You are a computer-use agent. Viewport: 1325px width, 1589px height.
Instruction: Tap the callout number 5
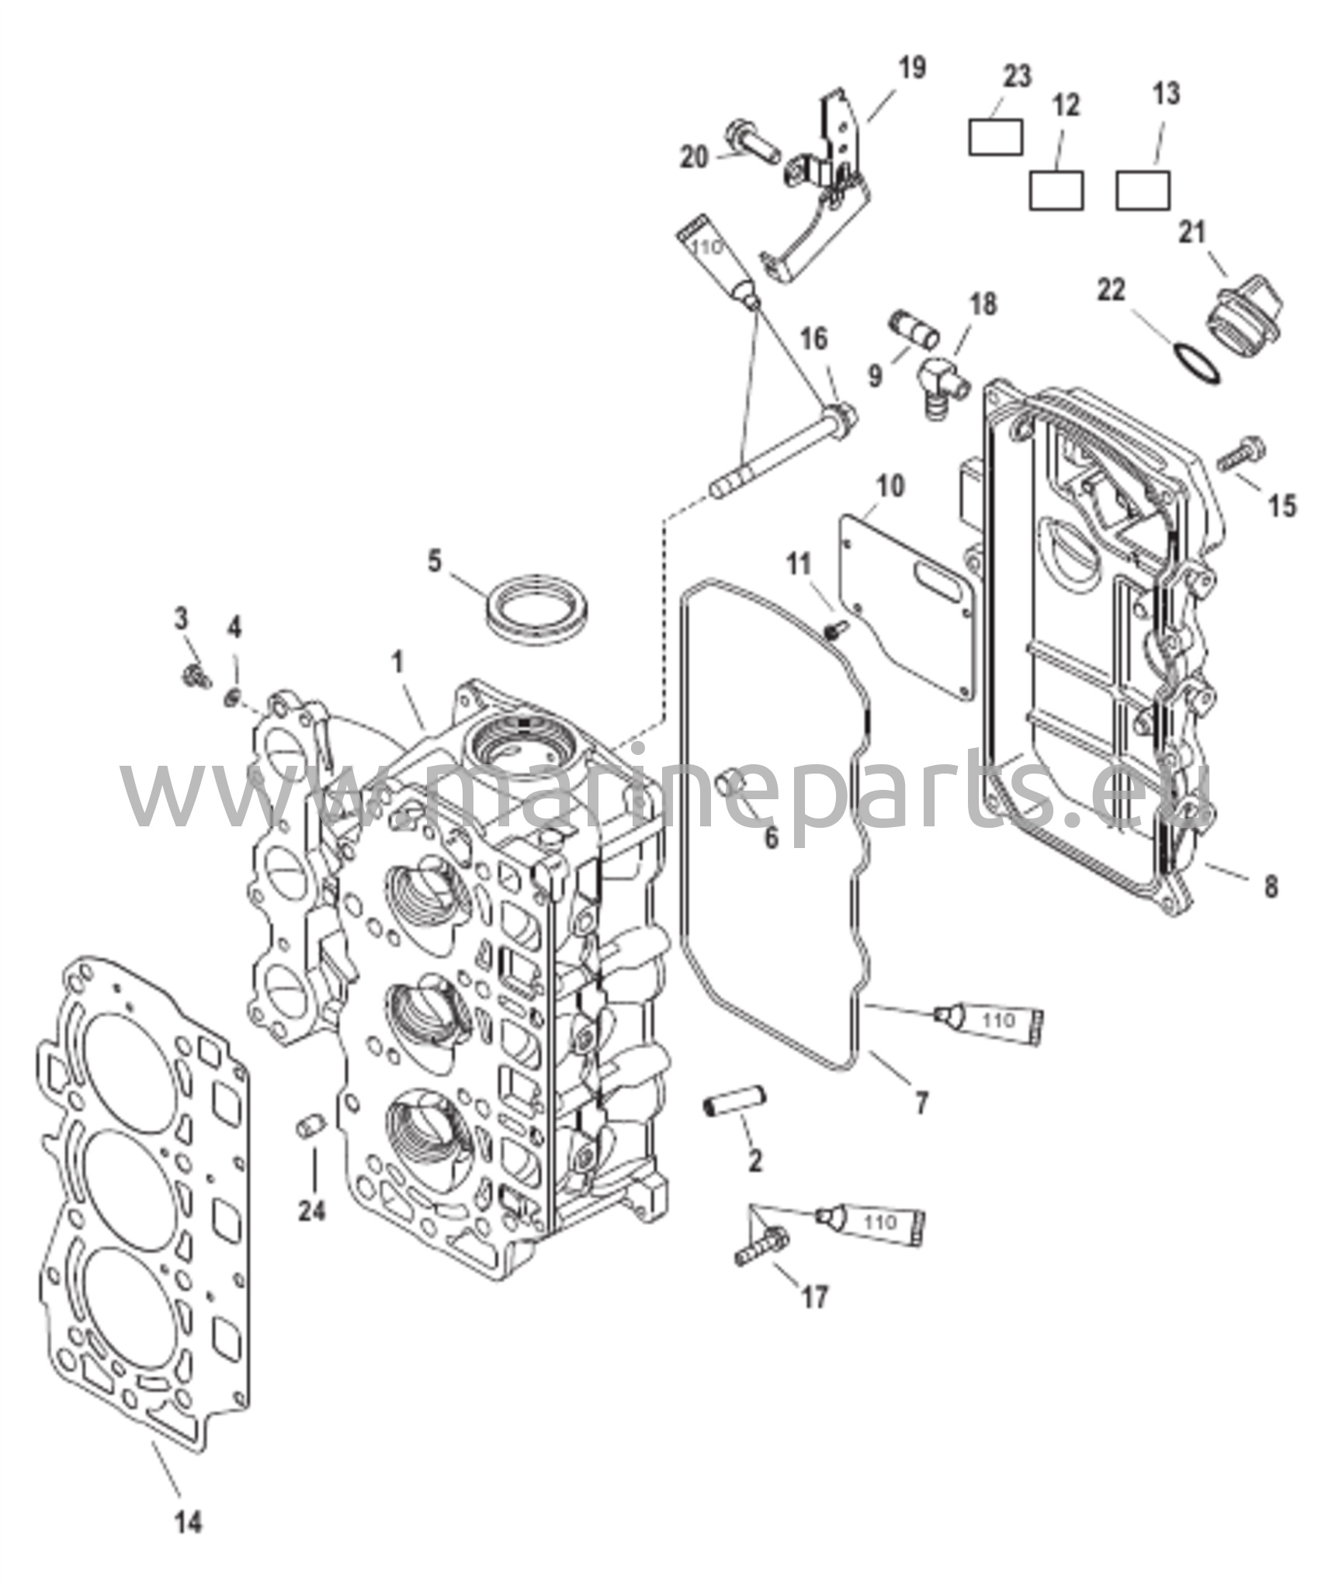pyautogui.click(x=434, y=559)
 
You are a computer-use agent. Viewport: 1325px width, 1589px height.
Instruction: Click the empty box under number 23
pyautogui.click(x=995, y=137)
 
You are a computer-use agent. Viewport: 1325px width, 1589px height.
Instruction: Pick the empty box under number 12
pyautogui.click(x=1056, y=189)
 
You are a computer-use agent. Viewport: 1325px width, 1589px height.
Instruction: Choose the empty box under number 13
pyautogui.click(x=1143, y=189)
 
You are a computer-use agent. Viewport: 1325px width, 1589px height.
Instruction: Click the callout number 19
pyautogui.click(x=913, y=67)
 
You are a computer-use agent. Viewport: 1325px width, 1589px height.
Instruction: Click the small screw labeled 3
pyautogui.click(x=196, y=676)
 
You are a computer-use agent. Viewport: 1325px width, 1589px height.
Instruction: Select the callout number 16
pyautogui.click(x=815, y=339)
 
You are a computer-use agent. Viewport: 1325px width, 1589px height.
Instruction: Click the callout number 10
pyautogui.click(x=890, y=486)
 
